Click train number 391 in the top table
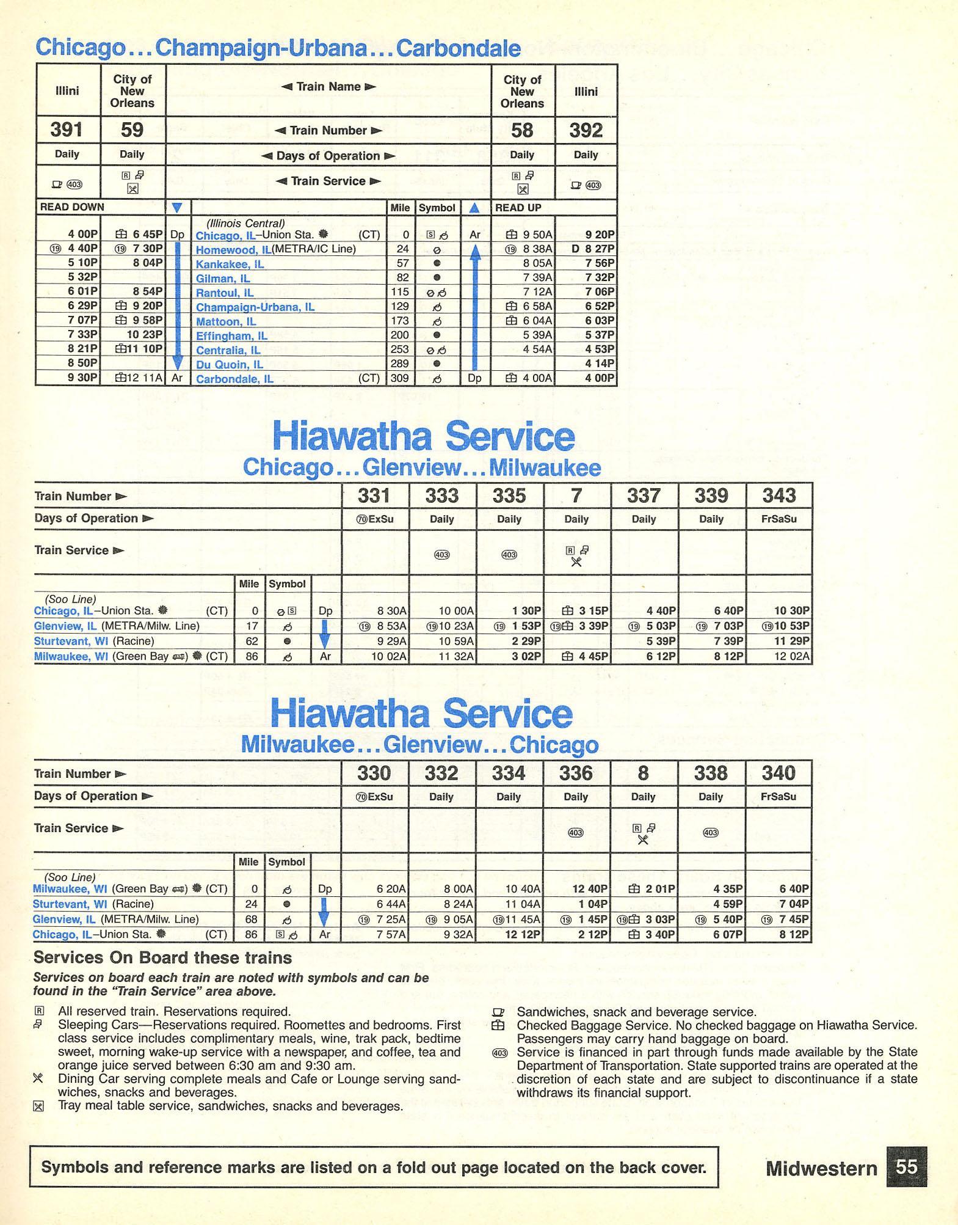(67, 130)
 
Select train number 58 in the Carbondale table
(522, 131)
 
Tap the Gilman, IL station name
(223, 279)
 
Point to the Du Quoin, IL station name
(229, 365)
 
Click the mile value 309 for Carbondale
(399, 379)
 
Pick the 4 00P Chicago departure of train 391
(82, 235)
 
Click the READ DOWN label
(72, 207)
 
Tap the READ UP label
(513, 208)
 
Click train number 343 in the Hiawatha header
(778, 495)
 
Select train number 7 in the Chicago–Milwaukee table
(576, 495)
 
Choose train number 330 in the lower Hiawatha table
(374, 773)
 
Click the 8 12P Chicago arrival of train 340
(792, 934)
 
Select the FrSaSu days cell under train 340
(778, 797)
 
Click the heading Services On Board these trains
(162, 957)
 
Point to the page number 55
(906, 1168)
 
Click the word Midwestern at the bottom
(821, 1168)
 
